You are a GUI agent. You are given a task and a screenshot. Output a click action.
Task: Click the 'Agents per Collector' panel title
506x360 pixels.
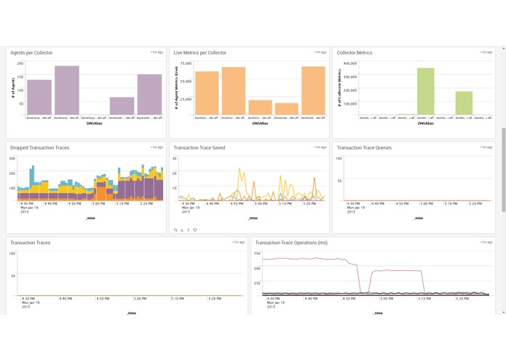31,52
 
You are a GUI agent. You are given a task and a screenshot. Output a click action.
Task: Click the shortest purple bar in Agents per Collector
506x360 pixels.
122,106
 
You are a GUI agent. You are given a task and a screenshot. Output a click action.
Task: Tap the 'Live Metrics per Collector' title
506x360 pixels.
199,52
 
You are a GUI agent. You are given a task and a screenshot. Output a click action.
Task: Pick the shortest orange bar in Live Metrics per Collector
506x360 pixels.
287,109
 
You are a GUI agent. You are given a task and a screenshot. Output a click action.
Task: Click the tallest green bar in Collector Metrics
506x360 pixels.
425,91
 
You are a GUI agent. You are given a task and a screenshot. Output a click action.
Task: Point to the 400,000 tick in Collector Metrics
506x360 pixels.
348,63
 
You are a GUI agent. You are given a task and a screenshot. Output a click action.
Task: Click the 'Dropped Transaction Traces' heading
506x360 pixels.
40,147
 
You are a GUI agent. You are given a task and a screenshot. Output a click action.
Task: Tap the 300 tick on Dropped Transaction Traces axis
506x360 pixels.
12,158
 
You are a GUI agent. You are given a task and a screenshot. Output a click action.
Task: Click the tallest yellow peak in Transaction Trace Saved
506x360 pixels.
241,169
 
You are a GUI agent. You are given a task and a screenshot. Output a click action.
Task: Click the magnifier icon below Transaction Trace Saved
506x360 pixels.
175,230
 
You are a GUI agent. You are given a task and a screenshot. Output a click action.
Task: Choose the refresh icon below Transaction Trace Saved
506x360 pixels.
194,230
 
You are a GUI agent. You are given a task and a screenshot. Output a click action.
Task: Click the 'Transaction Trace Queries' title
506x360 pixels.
364,147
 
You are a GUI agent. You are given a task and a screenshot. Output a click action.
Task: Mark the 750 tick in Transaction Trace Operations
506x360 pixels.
256,253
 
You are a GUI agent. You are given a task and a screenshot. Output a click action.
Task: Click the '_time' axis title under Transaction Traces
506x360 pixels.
130,313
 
